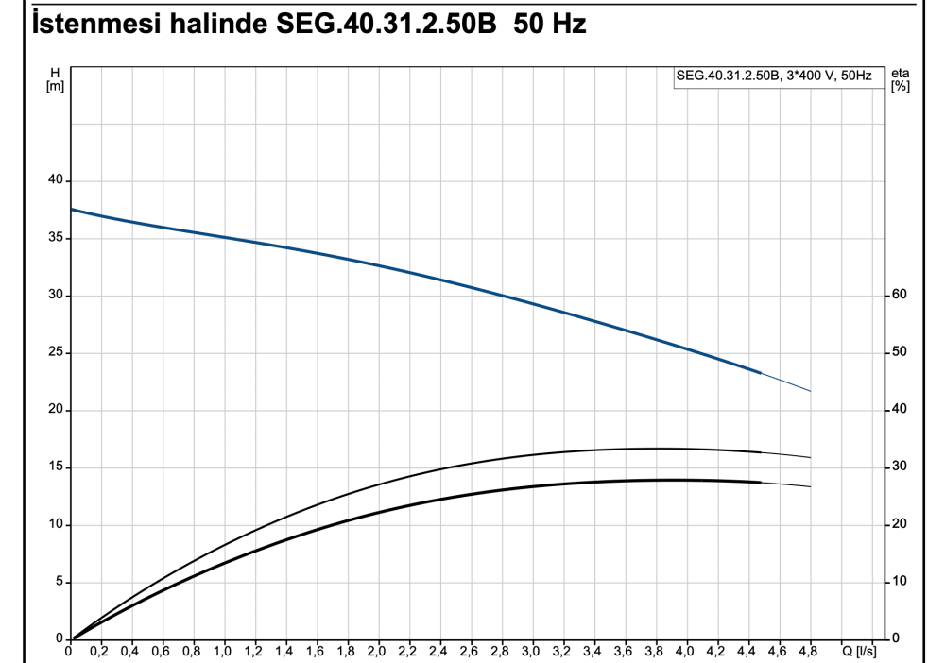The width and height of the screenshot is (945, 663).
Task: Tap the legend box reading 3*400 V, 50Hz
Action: pyautogui.click(x=773, y=76)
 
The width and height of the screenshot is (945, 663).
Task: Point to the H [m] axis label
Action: pyautogui.click(x=55, y=79)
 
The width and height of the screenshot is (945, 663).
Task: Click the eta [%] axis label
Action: pyautogui.click(x=900, y=79)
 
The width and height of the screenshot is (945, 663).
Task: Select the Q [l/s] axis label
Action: pyautogui.click(x=860, y=652)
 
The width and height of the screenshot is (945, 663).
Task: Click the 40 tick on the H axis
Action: pyautogui.click(x=56, y=180)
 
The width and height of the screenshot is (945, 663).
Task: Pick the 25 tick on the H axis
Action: pyautogui.click(x=56, y=353)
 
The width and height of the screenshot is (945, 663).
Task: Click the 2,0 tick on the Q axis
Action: pyautogui.click(x=377, y=652)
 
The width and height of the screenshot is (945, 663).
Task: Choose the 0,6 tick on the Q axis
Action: pyautogui.click(x=162, y=652)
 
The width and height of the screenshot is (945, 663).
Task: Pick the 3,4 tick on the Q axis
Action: pyautogui.click(x=593, y=652)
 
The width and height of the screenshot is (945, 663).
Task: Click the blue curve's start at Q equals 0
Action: pyautogui.click(x=73, y=209)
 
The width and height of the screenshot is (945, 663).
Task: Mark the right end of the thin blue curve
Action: pyautogui.click(x=810, y=391)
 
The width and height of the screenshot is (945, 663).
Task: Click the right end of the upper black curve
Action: pyautogui.click(x=810, y=457)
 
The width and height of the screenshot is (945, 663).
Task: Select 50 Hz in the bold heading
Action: pyautogui.click(x=550, y=25)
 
